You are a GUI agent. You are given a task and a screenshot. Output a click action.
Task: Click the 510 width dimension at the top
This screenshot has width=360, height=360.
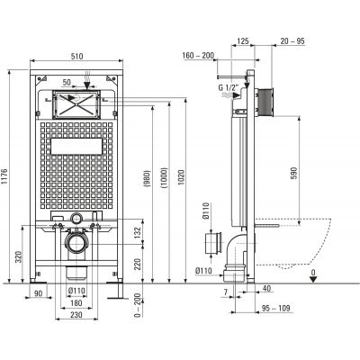76,56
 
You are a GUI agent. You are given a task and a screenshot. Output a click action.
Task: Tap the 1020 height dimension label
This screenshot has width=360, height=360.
181,177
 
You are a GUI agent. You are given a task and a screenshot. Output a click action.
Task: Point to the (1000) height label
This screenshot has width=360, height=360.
165,177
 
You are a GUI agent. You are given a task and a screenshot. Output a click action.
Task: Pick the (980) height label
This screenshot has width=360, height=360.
148,179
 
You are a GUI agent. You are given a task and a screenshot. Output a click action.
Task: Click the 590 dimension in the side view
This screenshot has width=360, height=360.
293,174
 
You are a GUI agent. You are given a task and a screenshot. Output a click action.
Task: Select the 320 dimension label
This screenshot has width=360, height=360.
18,257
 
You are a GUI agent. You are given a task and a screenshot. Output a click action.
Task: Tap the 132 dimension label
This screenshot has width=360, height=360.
138,232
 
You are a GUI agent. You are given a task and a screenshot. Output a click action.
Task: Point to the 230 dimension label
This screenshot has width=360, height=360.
76,315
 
